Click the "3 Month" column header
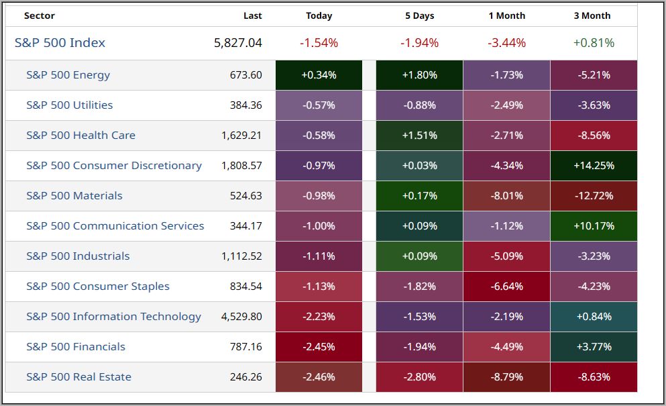[592, 15]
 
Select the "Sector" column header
[40, 15]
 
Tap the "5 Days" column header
[419, 15]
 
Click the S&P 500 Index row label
[60, 43]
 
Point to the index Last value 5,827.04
[238, 43]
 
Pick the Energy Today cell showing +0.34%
[319, 75]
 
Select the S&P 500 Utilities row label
[70, 105]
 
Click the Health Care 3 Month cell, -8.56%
[594, 136]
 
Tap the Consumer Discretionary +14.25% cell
[594, 166]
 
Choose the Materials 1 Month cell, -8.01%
[506, 196]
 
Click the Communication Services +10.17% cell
[594, 226]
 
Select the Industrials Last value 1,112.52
[242, 256]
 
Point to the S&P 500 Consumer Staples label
[98, 287]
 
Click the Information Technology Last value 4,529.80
[241, 317]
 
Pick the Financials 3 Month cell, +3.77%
[594, 347]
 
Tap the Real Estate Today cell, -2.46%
[319, 377]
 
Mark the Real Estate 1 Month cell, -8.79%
[506, 377]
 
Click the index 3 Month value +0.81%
[594, 43]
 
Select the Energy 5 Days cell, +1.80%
[419, 75]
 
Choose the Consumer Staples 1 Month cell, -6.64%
[506, 287]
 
